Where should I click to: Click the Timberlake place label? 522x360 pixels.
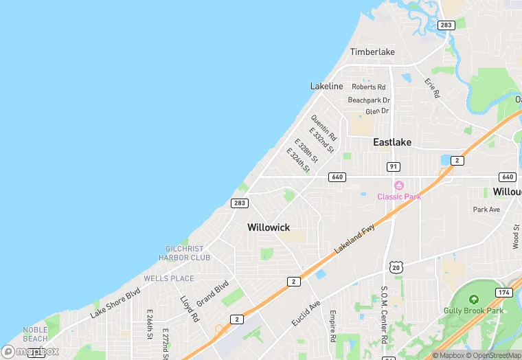point(373,52)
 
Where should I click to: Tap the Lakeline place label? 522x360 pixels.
point(326,86)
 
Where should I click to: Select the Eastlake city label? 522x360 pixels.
point(392,142)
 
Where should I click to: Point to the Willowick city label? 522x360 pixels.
point(269,227)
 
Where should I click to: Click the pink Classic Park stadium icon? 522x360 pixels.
point(398,185)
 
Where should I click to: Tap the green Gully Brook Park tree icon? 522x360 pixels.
point(473,300)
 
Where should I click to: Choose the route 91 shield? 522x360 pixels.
point(393,167)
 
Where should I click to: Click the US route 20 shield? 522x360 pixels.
point(394,267)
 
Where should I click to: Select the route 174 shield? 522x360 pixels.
point(504,293)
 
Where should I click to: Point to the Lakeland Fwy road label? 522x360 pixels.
point(356,235)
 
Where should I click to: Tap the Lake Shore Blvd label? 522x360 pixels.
point(115,303)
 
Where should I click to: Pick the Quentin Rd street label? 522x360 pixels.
point(323,127)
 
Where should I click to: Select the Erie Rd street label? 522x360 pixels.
point(431,87)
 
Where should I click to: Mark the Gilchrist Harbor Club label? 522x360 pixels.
point(185,253)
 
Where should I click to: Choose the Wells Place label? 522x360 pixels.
point(169,278)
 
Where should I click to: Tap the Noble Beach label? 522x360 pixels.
point(35,334)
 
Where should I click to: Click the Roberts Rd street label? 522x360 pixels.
point(369,87)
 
